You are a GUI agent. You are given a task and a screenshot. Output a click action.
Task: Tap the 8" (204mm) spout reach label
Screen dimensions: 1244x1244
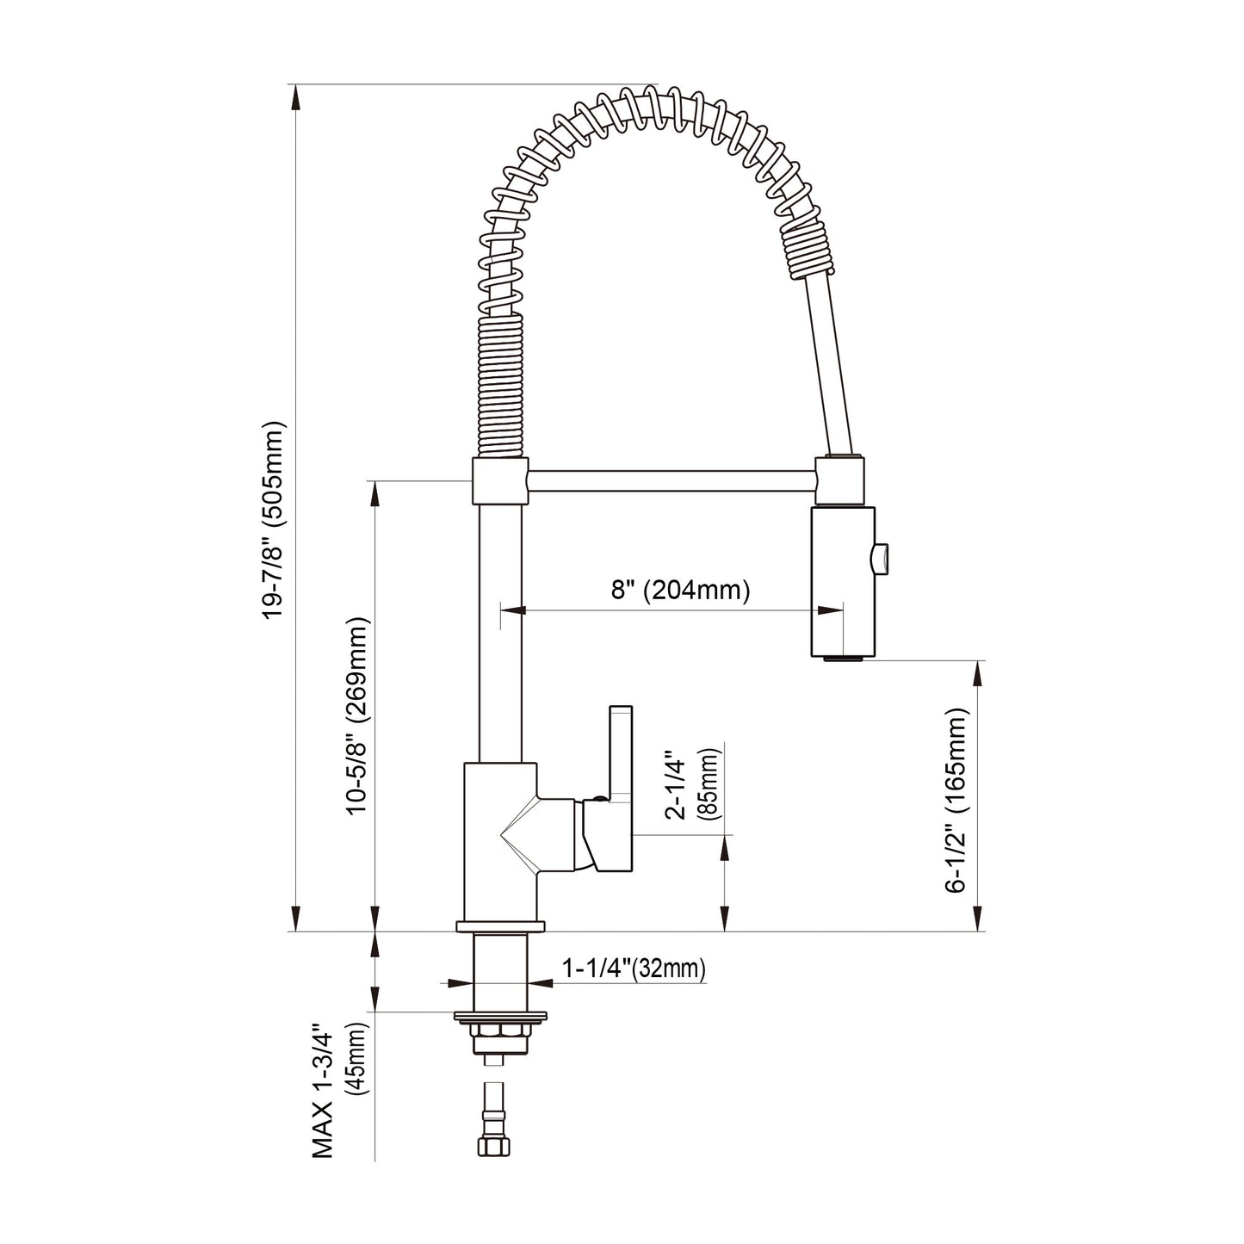click(x=680, y=590)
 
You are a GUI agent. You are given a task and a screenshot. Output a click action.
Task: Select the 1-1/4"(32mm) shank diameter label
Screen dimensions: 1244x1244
click(x=634, y=969)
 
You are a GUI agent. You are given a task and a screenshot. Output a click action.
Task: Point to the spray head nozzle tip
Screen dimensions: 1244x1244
click(x=842, y=659)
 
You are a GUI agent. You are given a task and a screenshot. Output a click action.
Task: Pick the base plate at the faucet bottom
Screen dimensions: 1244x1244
click(x=500, y=927)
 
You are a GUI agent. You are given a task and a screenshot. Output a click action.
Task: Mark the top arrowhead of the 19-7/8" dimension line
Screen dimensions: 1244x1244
click(x=296, y=96)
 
